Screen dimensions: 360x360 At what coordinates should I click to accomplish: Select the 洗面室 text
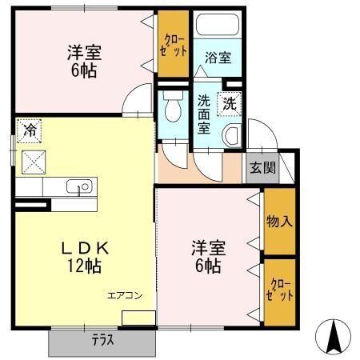pos(205,114)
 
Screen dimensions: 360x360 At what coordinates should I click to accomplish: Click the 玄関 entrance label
pos(262,168)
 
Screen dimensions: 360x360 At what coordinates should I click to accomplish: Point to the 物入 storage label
pos(279,221)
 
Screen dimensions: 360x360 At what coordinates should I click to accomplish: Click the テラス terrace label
pos(102,340)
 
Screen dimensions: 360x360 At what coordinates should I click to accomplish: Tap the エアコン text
pos(126,295)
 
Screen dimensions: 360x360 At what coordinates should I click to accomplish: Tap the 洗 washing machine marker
pos(230,102)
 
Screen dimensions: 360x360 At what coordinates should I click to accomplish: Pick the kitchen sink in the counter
pos(82,187)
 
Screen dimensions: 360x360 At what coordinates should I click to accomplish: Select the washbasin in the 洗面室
pos(231,134)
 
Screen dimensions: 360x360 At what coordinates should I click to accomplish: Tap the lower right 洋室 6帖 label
pos(208,255)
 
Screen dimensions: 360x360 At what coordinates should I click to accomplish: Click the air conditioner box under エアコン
pos(138,318)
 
